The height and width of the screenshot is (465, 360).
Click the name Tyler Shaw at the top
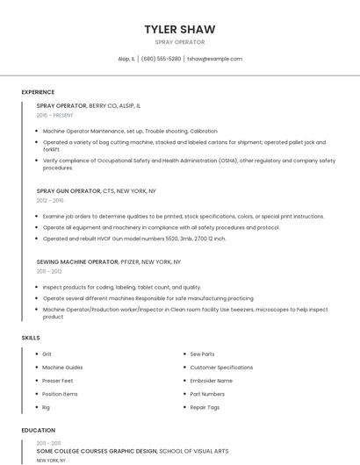180,29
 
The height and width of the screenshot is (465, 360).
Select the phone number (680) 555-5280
161,59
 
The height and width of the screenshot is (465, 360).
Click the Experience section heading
38,92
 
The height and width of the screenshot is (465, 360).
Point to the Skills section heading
31,338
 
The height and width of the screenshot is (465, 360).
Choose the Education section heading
38,431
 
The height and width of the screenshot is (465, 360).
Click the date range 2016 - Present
54,115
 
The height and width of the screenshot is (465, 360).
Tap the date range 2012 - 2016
50,200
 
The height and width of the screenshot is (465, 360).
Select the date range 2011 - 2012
49,272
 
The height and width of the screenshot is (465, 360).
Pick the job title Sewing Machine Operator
77,261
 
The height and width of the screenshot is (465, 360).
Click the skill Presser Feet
57,381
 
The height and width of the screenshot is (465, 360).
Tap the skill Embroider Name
211,381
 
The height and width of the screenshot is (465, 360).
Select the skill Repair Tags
205,407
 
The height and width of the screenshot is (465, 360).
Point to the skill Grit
47,354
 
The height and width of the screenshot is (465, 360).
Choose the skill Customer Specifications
221,368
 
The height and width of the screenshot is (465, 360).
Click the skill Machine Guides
62,368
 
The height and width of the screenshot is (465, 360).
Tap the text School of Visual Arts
193,451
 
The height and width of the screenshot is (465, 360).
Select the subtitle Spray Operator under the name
180,42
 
